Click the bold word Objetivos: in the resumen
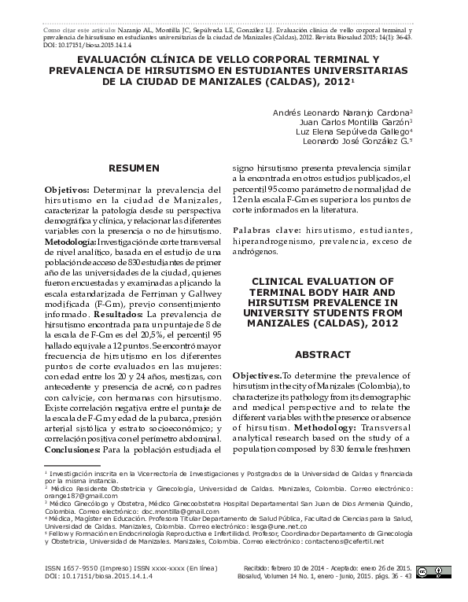click(68, 190)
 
